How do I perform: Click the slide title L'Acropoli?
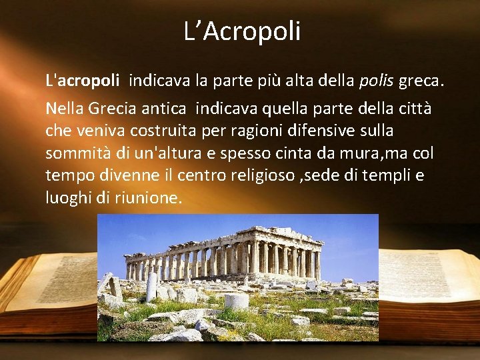pos(242,31)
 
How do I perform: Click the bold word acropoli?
pos(89,81)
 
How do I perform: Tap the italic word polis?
pos(377,81)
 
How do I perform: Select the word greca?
pos(420,81)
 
